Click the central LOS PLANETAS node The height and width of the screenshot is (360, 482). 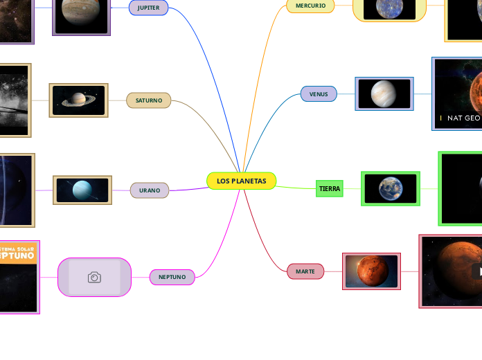tap(241, 181)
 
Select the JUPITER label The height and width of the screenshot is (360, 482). tap(148, 8)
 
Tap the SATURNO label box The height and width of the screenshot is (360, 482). tap(148, 100)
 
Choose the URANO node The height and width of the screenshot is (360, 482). tap(149, 190)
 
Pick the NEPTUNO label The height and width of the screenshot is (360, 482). tap(172, 277)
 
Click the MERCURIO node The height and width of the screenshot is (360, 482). tap(310, 6)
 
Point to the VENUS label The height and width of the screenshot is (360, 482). tap(319, 93)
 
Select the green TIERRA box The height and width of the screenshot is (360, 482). tap(330, 188)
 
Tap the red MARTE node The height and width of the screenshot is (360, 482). tap(305, 271)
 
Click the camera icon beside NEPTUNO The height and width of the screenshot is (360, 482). tap(94, 277)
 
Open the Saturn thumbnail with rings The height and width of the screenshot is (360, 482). tap(79, 100)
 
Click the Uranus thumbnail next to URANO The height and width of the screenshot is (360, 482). tap(82, 190)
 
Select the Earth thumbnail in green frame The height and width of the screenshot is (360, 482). tap(391, 188)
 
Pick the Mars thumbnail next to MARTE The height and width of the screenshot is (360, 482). tap(371, 271)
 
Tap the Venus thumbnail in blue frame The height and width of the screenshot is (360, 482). tap(384, 93)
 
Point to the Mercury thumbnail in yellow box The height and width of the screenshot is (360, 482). tap(389, 8)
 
